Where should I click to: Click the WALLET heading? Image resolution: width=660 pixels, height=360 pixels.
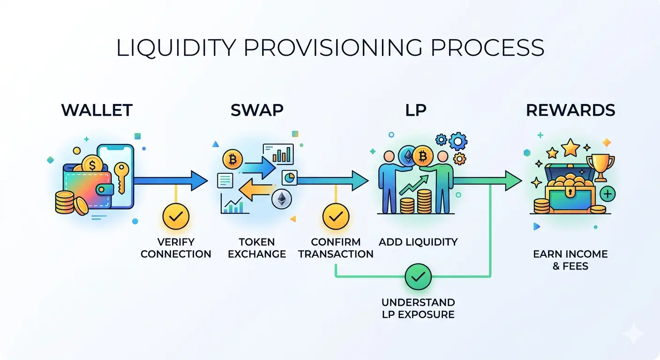click(97, 110)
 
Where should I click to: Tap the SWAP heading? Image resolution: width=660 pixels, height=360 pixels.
click(257, 110)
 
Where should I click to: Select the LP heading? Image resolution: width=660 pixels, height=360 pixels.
click(416, 110)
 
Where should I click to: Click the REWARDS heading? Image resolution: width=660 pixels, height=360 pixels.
click(570, 110)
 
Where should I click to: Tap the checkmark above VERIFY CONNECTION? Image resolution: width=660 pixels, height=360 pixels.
click(176, 217)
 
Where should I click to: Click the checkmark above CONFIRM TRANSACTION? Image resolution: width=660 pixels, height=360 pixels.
click(336, 217)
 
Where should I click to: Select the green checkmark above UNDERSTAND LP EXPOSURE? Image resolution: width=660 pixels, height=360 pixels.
click(418, 277)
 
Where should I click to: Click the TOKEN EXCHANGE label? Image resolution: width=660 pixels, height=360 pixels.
click(256, 248)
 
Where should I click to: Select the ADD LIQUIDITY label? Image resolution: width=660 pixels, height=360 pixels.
click(418, 242)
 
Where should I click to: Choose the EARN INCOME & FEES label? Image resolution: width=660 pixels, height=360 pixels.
click(570, 260)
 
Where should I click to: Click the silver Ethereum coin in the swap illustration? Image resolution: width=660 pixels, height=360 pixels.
click(282, 199)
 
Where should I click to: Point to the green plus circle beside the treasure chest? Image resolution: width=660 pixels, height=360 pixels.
click(607, 193)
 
